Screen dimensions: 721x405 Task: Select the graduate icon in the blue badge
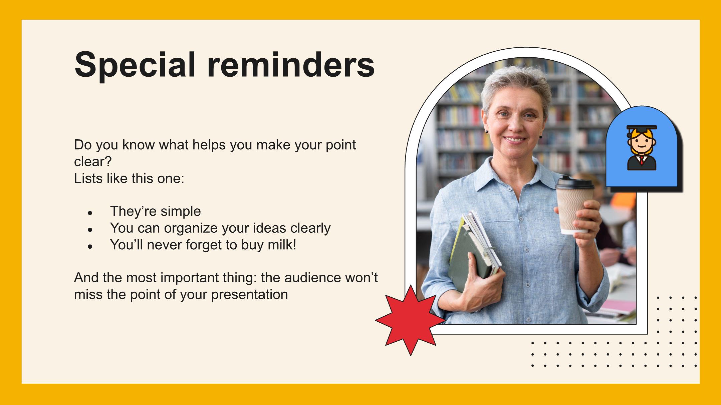point(642,148)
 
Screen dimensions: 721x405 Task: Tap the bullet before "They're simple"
point(90,213)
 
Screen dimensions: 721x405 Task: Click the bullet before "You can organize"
point(90,230)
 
